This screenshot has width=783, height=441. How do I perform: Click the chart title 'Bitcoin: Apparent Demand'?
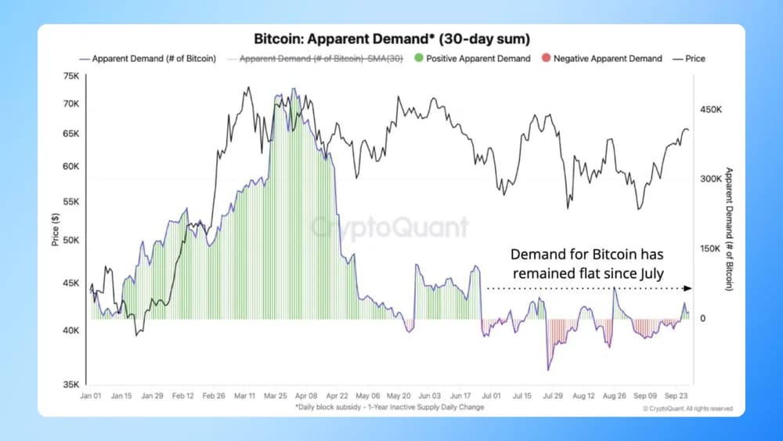click(x=391, y=38)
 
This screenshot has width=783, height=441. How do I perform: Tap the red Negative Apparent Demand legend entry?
click(x=602, y=59)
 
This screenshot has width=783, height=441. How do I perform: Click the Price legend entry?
click(x=692, y=59)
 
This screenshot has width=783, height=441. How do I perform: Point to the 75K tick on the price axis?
click(x=71, y=76)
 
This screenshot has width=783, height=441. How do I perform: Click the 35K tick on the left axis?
click(x=71, y=385)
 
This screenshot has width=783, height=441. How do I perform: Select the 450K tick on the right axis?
click(x=709, y=110)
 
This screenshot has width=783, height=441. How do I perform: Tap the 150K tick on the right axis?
click(x=709, y=249)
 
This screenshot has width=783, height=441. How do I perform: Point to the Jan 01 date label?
click(x=92, y=397)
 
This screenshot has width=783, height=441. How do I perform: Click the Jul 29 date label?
click(x=553, y=397)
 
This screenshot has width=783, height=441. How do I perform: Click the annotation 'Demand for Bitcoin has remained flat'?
click(x=587, y=264)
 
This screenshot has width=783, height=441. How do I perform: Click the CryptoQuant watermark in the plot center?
click(x=390, y=227)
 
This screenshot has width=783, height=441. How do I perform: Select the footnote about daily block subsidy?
click(x=389, y=407)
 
